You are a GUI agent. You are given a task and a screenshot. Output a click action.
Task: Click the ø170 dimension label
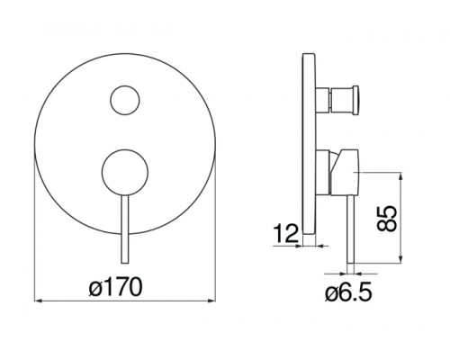click(x=116, y=287)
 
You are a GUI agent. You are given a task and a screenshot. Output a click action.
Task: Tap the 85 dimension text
click(x=386, y=219)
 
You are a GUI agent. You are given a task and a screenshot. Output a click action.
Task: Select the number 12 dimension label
click(x=286, y=234)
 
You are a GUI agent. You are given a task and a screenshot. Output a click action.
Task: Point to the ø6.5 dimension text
click(x=348, y=292)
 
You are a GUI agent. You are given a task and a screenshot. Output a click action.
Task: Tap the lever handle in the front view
click(x=125, y=229)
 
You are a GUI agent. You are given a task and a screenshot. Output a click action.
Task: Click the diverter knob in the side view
click(x=337, y=100)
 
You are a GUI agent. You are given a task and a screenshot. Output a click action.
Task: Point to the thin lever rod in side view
click(x=350, y=229)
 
